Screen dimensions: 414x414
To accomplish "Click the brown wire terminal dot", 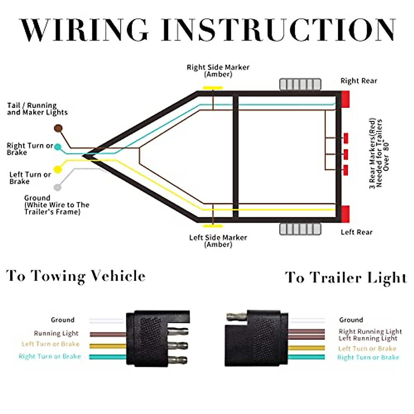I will click(58, 129).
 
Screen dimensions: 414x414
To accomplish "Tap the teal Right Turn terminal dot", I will click(58, 147).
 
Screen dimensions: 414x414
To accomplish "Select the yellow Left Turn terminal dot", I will click(58, 169).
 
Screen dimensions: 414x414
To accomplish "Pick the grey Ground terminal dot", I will click(58, 187).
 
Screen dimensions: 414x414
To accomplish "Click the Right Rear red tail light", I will click(345, 99).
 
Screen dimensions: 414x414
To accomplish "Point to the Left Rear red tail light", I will click(345, 214).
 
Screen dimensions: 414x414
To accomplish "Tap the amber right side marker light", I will click(213, 88).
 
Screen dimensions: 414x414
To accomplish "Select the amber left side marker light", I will click(213, 226).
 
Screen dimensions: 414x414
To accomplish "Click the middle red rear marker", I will click(346, 154).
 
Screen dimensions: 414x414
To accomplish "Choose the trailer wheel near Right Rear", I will click(300, 84).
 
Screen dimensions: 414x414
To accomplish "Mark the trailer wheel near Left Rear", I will click(300, 229).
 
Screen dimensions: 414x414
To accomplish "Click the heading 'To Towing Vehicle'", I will click(76, 276).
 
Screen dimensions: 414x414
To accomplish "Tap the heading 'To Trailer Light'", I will click(346, 278).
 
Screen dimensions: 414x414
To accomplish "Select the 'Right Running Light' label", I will click(370, 331).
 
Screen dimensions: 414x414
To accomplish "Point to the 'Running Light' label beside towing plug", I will click(56, 333).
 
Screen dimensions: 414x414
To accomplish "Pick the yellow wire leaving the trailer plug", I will click(306, 348).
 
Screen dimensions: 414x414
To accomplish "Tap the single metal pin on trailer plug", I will click(236, 316).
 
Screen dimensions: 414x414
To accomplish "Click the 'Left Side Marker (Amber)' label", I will click(218, 241).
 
